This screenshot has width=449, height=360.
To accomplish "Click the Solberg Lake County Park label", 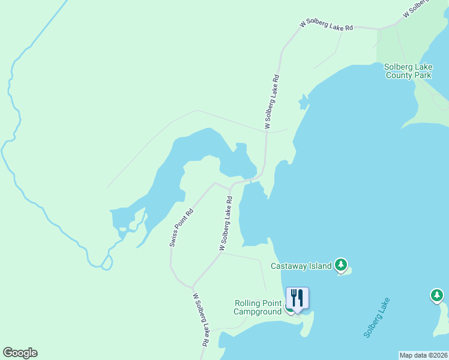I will click(408, 71).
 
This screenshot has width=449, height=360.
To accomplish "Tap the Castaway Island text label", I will click(301, 266).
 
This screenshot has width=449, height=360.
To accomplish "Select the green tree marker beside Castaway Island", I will click(341, 264).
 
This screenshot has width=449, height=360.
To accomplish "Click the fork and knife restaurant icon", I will click(297, 298).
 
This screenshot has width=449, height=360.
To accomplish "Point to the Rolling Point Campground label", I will click(258, 307).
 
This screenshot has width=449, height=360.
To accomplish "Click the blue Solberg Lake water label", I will click(376, 318).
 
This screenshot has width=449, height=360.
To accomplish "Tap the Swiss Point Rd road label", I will click(181, 228).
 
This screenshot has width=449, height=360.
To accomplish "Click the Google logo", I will click(20, 353).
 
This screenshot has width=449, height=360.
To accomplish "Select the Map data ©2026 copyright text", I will click(423, 355).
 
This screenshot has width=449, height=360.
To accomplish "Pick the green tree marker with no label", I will click(437, 295).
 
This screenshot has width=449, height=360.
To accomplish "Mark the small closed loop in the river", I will click(107, 262).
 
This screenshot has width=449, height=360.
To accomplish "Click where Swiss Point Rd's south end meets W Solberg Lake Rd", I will click(193, 286).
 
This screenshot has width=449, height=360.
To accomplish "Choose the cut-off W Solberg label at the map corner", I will click(417, 8).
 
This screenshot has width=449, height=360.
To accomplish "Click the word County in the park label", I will click(399, 76).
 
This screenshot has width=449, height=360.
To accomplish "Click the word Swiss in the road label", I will click(175, 239).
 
